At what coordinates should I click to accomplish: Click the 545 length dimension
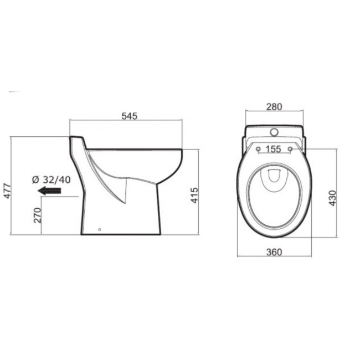tap(128, 116)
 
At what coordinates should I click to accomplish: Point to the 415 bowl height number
tap(195, 196)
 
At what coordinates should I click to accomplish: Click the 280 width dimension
tap(274, 107)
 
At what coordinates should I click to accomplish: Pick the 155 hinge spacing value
tap(274, 148)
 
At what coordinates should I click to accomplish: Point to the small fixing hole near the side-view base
tap(99, 229)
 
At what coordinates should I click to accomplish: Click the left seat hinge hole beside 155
tap(259, 148)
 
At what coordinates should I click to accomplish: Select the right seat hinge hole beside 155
tap(290, 148)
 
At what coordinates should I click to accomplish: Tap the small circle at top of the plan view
tap(274, 133)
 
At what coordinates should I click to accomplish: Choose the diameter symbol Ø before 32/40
tap(34, 179)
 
